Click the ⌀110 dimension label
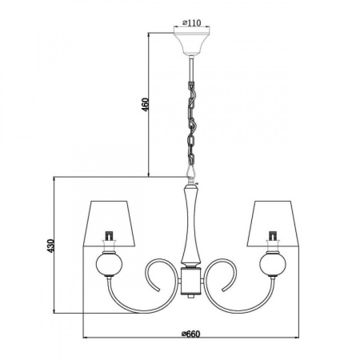(x=191, y=23)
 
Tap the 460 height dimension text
(x=145, y=105)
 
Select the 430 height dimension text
(x=50, y=246)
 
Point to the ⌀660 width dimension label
(x=190, y=332)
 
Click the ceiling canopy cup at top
(x=191, y=43)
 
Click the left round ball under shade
(x=109, y=263)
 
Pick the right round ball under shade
(x=273, y=263)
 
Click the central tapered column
(x=191, y=225)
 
